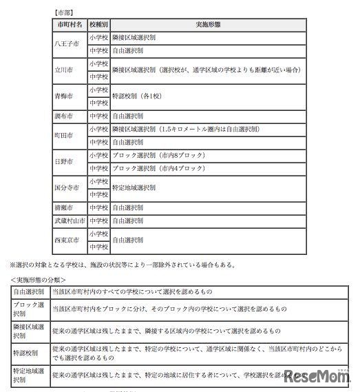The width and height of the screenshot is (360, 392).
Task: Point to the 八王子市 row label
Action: click(x=70, y=44)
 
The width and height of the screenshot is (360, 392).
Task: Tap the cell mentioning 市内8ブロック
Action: click(x=155, y=155)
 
